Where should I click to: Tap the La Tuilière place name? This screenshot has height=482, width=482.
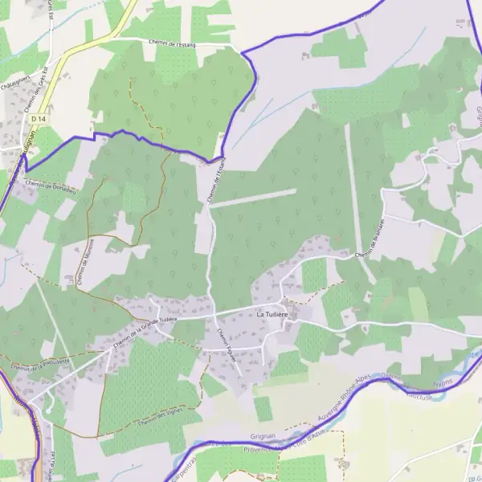[272, 315]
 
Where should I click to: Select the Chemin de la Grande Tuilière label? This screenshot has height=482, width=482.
[145, 331]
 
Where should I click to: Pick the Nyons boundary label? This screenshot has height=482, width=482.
[444, 382]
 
